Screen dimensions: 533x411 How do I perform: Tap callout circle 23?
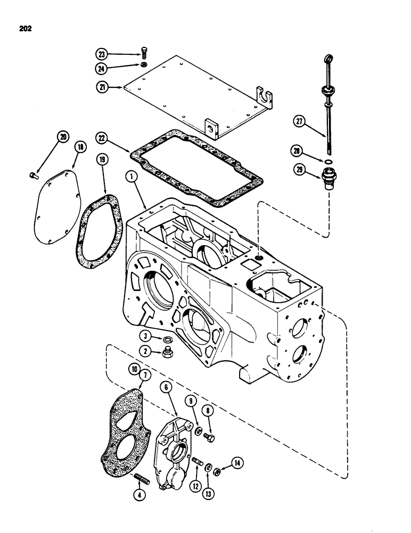pos(101,53)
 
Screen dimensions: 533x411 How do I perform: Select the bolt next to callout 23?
pos(143,53)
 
